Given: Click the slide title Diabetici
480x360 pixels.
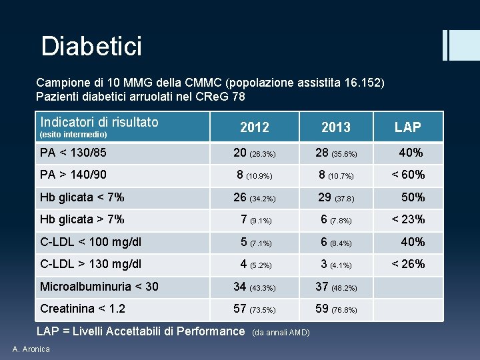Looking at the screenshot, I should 91,47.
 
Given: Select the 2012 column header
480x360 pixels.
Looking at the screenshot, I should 254,127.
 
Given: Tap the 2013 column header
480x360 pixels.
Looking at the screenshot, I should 335,127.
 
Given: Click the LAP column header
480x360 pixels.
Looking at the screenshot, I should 407,127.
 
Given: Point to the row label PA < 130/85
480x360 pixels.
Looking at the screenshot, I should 73,153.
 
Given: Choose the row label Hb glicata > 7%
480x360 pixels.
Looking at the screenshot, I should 82,219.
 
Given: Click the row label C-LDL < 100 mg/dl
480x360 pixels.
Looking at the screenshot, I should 91,241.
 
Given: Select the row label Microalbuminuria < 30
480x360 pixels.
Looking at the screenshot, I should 99,286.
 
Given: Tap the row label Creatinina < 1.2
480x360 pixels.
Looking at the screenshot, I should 83,309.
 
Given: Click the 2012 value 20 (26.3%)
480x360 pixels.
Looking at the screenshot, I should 254,153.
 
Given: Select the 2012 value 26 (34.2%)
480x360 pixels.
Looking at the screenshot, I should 254,197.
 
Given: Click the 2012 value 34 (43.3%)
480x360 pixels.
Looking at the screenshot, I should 254,287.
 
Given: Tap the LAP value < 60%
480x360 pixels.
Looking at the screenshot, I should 408,175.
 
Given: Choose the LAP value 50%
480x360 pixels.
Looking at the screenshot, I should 413,197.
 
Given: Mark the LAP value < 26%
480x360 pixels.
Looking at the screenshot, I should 408,263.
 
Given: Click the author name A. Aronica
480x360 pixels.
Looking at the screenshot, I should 31,349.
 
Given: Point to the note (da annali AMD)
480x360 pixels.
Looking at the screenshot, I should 283,333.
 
